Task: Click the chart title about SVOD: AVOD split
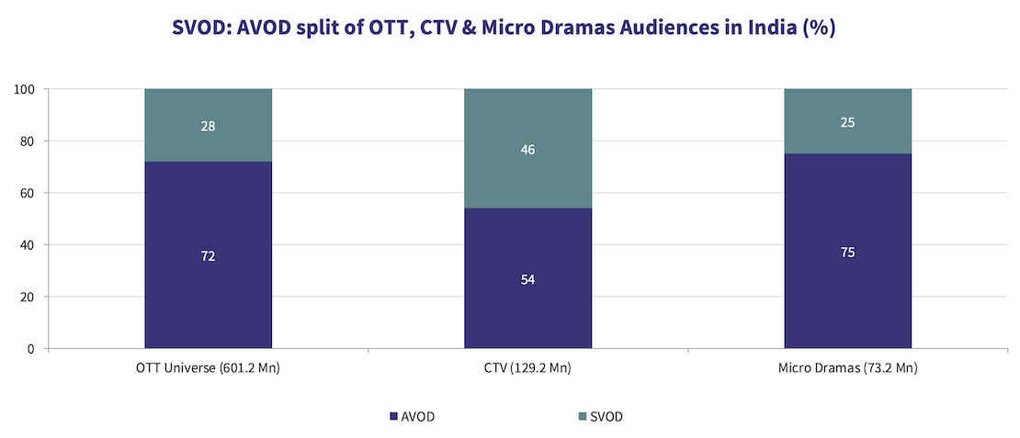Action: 504,28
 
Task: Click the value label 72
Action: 208,256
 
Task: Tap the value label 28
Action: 208,126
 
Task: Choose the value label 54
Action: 527,279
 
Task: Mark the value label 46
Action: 527,149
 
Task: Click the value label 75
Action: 847,252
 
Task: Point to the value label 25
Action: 847,121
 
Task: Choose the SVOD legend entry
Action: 599,417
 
